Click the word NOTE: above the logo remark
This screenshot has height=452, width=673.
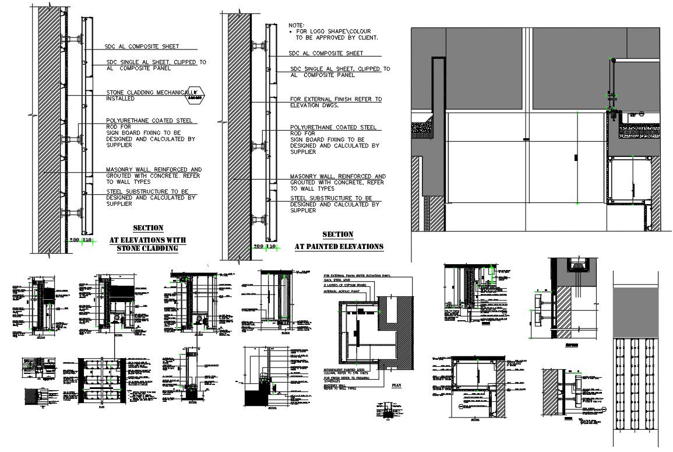(x=297, y=26)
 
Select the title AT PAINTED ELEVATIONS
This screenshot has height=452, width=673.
(x=339, y=247)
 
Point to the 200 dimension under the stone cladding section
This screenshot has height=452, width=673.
(x=74, y=240)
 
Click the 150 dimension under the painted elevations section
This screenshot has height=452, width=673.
(x=271, y=247)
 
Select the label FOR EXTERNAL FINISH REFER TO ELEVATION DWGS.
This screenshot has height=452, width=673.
(x=335, y=102)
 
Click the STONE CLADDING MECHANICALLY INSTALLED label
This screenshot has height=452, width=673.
(x=149, y=95)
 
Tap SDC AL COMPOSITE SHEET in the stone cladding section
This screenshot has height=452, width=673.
(x=142, y=46)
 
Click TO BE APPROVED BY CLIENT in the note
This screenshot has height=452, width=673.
(x=337, y=37)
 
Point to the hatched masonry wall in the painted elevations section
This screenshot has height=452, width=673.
(x=239, y=134)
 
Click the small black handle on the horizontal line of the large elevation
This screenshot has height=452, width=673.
(x=526, y=139)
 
